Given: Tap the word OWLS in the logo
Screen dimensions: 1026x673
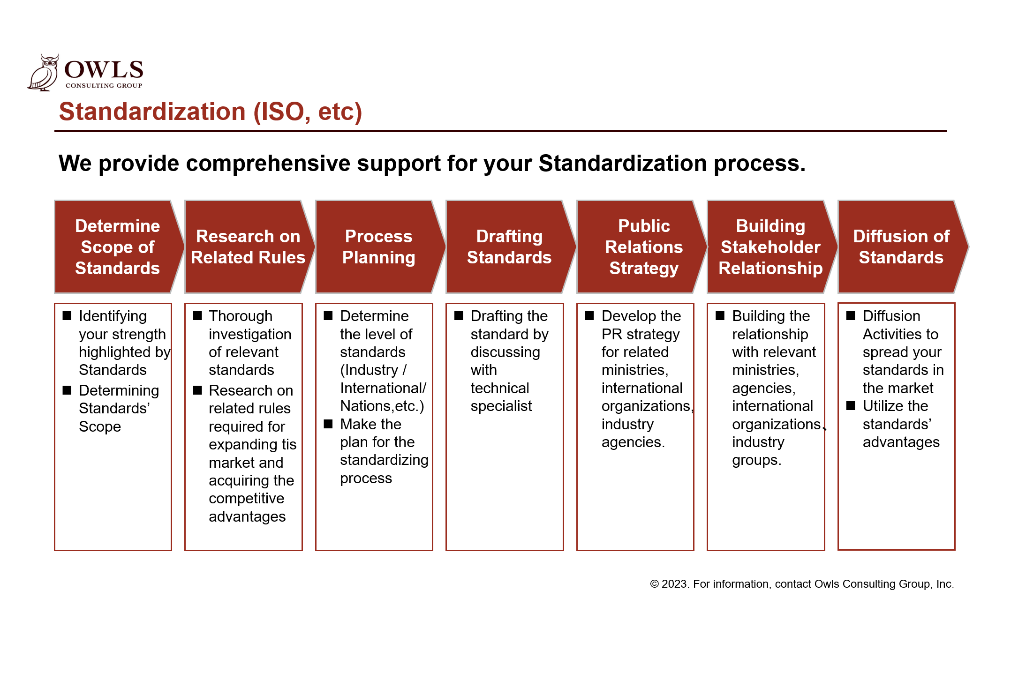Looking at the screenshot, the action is tap(104, 70).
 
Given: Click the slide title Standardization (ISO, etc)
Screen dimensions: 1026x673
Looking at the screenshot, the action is tap(211, 112).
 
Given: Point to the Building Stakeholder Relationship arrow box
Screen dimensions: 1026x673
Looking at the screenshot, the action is tap(772, 247).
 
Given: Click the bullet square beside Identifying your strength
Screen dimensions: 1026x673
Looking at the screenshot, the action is tap(67, 316).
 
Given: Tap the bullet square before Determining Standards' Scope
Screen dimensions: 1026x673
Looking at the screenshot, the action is tap(67, 390).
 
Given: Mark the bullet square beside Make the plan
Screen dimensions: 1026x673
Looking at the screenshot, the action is tap(328, 424).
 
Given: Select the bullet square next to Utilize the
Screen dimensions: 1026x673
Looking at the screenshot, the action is tap(851, 406).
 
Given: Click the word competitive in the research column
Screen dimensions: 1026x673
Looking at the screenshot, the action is tap(247, 499).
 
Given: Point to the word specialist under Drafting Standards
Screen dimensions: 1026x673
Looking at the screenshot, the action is tap(501, 406).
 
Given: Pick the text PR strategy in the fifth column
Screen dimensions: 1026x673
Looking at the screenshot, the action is tap(641, 335).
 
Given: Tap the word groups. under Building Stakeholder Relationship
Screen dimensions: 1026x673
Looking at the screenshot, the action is tap(757, 461).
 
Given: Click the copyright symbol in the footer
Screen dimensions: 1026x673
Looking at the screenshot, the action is tap(655, 584).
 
